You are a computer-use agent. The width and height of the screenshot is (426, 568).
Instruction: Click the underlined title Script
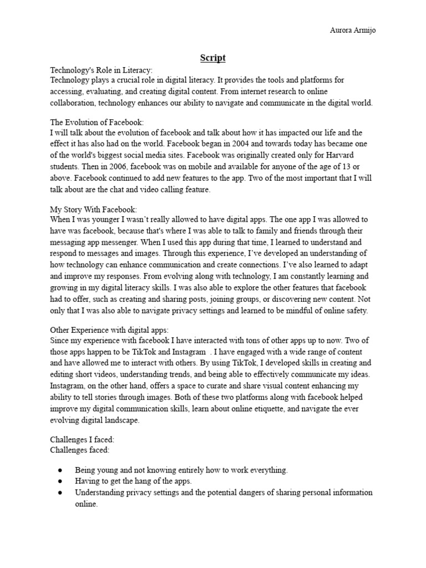(212, 58)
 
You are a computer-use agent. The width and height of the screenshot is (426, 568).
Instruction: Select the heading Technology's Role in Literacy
(101, 70)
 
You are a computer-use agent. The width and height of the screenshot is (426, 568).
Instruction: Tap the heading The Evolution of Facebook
(97, 122)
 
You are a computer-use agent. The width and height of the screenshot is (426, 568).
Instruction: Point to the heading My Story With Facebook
(93, 209)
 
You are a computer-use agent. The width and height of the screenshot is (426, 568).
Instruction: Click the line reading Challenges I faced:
(82, 439)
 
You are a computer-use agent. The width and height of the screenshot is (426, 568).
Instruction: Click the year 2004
(245, 143)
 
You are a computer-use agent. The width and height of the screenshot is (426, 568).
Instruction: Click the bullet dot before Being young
(60, 470)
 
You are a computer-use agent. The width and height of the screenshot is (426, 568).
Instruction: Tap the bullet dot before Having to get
(60, 481)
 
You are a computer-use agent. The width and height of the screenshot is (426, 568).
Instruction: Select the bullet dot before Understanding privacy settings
(60, 493)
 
